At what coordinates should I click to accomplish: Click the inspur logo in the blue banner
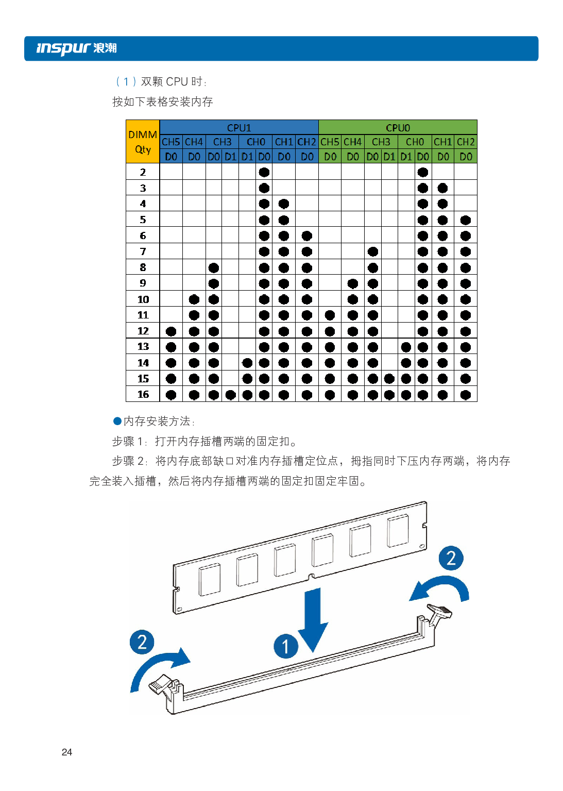(x=76, y=48)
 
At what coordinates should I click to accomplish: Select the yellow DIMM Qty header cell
(x=143, y=142)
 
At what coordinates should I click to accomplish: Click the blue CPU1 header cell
(x=239, y=127)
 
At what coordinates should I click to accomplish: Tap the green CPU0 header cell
(x=398, y=127)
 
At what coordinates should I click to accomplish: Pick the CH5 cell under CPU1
(x=171, y=142)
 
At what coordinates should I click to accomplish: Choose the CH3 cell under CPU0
(x=381, y=142)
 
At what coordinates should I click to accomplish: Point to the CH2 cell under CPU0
(x=466, y=142)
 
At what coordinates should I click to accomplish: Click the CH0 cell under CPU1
(x=255, y=142)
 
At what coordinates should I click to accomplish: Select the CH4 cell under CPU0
(x=353, y=142)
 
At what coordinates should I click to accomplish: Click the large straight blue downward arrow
(x=313, y=618)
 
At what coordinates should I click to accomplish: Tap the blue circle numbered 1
(x=285, y=646)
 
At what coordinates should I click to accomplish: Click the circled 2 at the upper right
(x=451, y=558)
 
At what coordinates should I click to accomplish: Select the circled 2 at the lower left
(x=142, y=642)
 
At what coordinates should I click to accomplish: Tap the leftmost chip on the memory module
(x=210, y=579)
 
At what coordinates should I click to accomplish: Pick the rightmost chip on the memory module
(x=398, y=531)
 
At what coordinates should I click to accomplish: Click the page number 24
(x=66, y=752)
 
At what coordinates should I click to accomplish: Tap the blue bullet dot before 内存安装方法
(x=117, y=421)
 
